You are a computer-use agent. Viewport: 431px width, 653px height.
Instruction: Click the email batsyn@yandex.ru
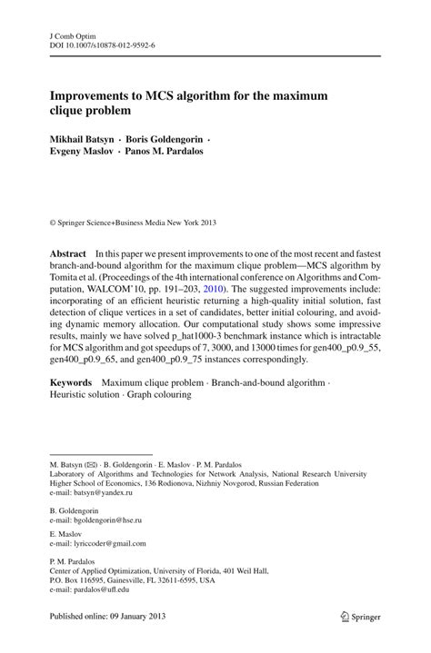(103, 492)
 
